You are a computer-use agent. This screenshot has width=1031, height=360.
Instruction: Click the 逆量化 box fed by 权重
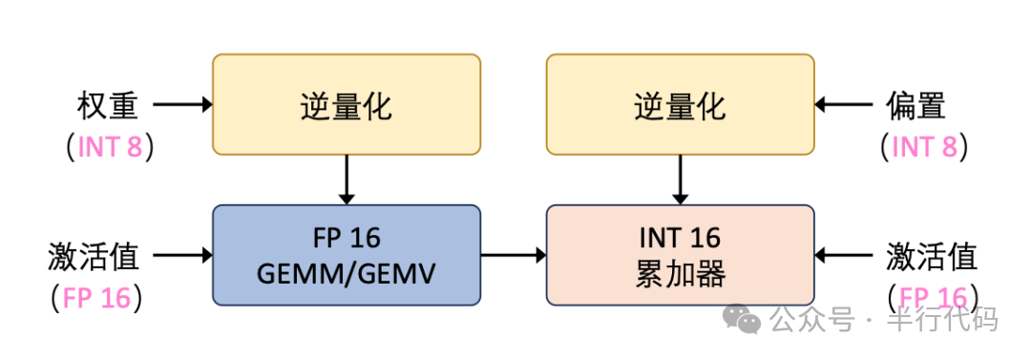(346, 104)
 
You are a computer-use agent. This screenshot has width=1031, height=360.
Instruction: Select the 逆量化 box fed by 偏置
(680, 104)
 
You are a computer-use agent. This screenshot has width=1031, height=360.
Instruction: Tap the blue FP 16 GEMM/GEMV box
(346, 255)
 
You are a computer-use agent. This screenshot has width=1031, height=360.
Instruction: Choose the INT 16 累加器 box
(680, 255)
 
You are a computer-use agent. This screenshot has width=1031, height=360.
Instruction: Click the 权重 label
(109, 104)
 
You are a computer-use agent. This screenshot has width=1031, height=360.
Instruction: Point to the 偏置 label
(915, 104)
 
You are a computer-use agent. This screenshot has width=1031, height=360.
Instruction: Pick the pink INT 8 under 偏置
(923, 146)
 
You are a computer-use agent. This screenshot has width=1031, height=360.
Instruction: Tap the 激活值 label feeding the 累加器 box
(931, 255)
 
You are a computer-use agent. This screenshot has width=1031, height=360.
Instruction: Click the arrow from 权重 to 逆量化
(182, 104)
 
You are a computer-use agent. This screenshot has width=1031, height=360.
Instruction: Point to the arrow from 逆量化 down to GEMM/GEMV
(346, 179)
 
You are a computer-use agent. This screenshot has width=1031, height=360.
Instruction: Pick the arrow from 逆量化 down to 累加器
(680, 179)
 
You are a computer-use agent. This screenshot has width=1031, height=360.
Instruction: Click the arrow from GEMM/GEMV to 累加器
(513, 255)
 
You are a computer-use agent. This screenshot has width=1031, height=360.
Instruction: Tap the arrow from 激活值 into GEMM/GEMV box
(182, 255)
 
